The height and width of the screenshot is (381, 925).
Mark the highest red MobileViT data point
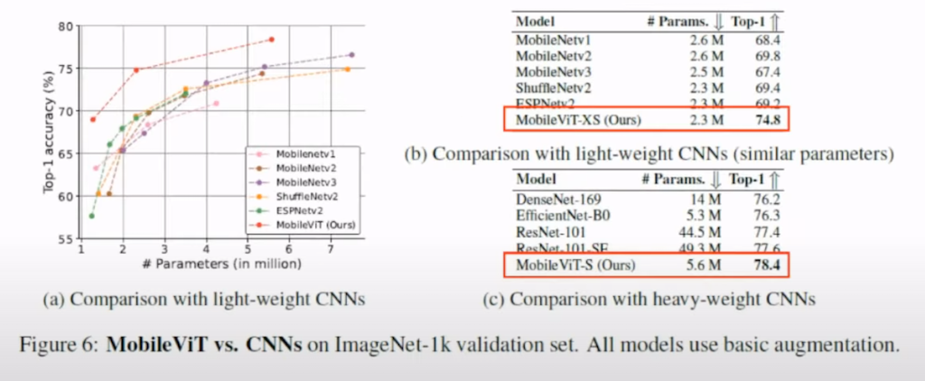[x=271, y=40]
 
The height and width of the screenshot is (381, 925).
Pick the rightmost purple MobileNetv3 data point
[x=351, y=55]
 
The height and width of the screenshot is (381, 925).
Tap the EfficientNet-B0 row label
[x=565, y=216]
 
